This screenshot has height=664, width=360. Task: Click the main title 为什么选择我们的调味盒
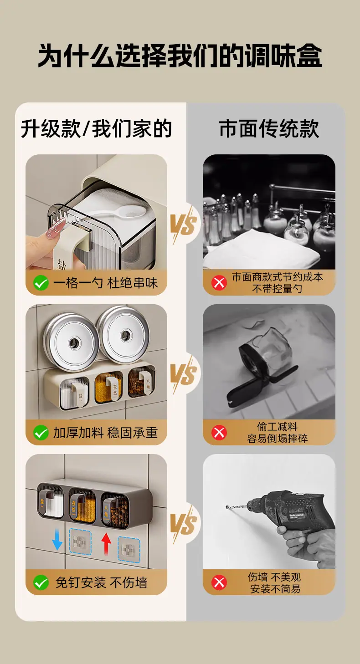coord(180,56)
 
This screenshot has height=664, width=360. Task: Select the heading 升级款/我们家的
coord(96,128)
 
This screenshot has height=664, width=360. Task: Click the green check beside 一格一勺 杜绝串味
coord(41,283)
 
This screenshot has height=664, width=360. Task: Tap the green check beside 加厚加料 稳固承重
coord(41,433)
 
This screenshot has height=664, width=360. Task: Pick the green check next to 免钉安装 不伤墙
coord(41,582)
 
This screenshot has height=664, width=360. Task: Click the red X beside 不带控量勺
coord(219,283)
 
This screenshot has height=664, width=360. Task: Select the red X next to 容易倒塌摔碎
coord(219,433)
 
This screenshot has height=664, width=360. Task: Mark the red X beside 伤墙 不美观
coord(219,582)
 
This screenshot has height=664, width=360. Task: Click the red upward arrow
coord(106,542)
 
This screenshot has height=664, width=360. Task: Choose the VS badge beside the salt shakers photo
coord(184,224)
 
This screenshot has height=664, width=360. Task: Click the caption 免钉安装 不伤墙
coord(102,582)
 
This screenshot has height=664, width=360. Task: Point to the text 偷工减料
coord(277,427)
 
